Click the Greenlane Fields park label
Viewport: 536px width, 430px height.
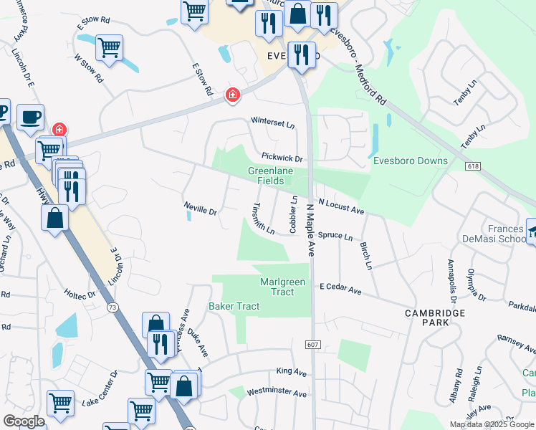pyautogui.click(x=266, y=176)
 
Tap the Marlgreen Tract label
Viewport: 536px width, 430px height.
pyautogui.click(x=282, y=287)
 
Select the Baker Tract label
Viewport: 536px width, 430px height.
pyautogui.click(x=234, y=306)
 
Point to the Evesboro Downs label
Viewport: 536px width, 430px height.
pyautogui.click(x=411, y=161)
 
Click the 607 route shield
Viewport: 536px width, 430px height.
pyautogui.click(x=314, y=345)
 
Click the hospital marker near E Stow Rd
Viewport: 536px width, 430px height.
pyautogui.click(x=232, y=95)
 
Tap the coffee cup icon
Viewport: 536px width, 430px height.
pyautogui.click(x=30, y=117)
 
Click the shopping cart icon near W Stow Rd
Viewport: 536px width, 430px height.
pyautogui.click(x=109, y=48)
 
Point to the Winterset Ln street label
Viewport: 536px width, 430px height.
pyautogui.click(x=272, y=123)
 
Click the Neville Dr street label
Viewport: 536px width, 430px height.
pyautogui.click(x=201, y=211)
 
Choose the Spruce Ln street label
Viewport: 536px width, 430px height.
pyautogui.click(x=335, y=236)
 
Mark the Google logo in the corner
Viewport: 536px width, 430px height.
pyautogui.click(x=24, y=421)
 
